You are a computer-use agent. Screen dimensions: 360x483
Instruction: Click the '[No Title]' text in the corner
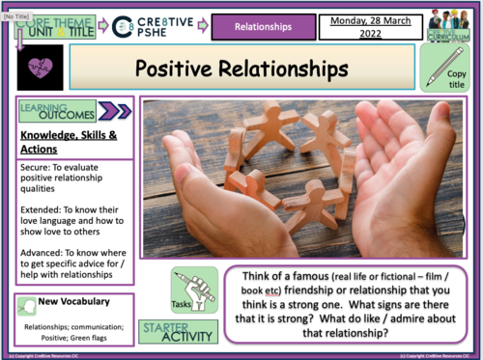coord(19,6)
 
